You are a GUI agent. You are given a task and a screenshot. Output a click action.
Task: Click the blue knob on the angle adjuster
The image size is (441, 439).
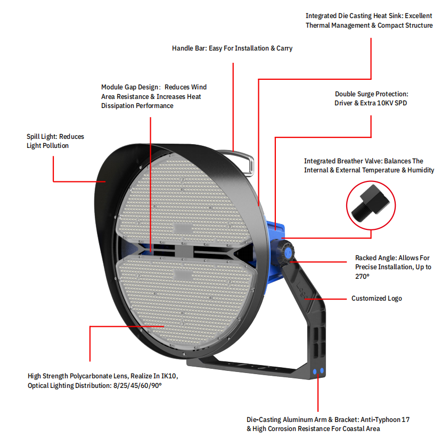[x=288, y=252]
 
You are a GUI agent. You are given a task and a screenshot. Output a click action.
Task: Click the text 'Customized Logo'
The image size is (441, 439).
[x=377, y=298]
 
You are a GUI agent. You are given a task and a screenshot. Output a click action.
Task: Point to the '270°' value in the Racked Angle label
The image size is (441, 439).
[x=362, y=276]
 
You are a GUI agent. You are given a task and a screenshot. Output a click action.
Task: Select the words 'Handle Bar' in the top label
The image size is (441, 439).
[x=189, y=48]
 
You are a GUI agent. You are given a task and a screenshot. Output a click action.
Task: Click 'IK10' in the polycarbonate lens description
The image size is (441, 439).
[x=168, y=376]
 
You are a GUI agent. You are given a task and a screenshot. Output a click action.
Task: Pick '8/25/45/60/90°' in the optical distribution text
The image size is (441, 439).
[x=137, y=385]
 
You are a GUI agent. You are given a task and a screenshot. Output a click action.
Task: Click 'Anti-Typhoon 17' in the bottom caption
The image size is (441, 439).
[x=385, y=420]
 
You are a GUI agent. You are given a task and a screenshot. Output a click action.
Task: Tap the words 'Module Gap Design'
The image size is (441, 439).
[x=130, y=87]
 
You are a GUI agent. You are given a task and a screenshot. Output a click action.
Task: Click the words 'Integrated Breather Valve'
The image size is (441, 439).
[x=343, y=161]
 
